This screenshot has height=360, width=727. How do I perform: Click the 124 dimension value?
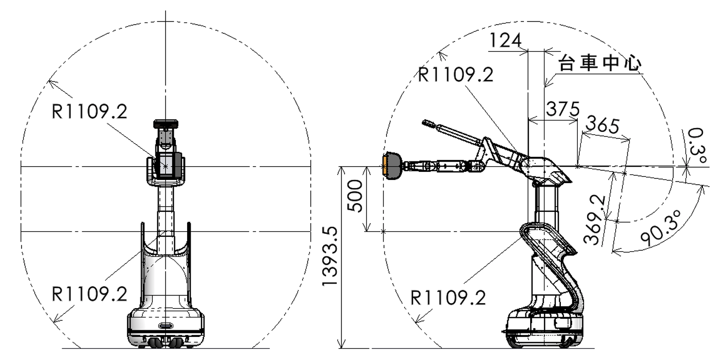click(x=505, y=41)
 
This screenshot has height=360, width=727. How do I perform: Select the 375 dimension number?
click(x=563, y=109)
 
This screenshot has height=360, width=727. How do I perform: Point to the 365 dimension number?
click(x=602, y=125)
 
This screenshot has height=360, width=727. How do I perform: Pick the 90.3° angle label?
click(x=661, y=228)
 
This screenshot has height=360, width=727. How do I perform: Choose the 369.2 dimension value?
click(x=595, y=220)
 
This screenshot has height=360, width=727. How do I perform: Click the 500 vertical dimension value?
click(x=355, y=196)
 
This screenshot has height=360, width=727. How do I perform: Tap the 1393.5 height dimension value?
click(x=330, y=257)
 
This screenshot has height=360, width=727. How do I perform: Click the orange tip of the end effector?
click(x=385, y=166)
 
